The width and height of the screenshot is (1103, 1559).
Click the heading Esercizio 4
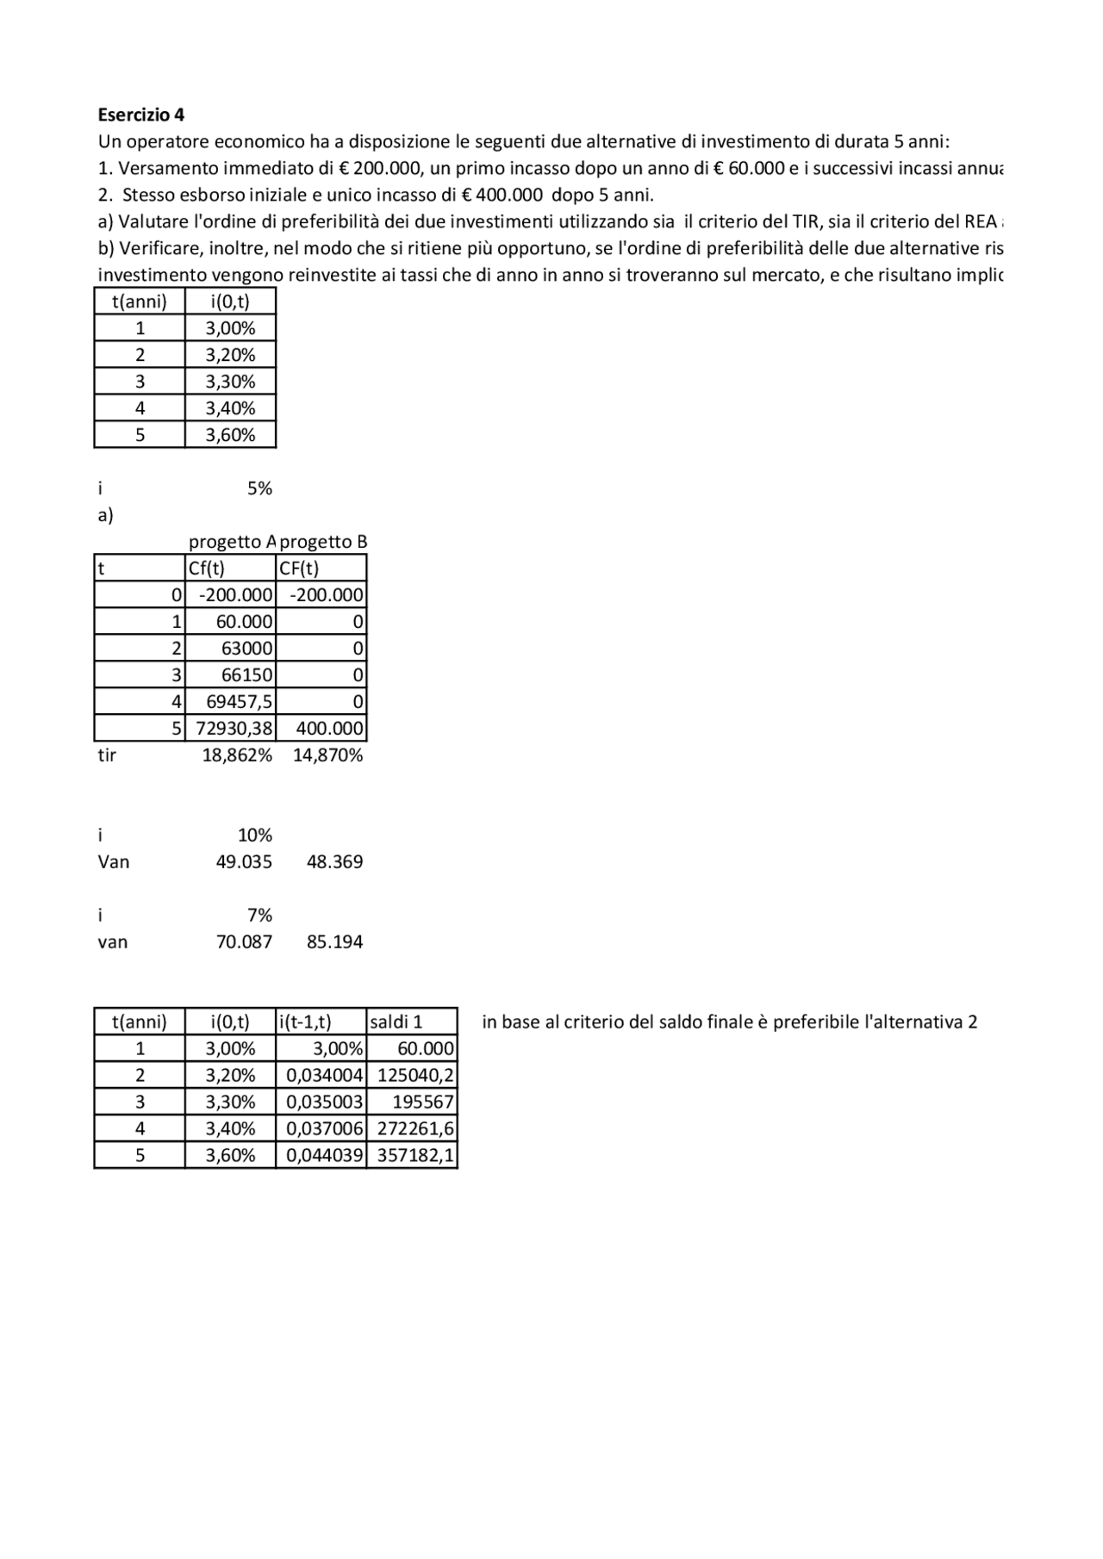pyautogui.click(x=140, y=115)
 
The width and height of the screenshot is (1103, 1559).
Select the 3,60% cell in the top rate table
pyautogui.click(x=230, y=435)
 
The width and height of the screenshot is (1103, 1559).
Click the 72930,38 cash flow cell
pyautogui.click(x=234, y=729)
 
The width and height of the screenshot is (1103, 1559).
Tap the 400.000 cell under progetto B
pyautogui.click(x=329, y=729)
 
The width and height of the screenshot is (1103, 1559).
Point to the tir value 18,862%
pyautogui.click(x=237, y=755)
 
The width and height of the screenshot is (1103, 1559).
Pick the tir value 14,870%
pyautogui.click(x=327, y=755)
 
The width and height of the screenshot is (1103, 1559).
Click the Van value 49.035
pyautogui.click(x=244, y=862)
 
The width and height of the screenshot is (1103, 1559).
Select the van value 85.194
pyautogui.click(x=334, y=942)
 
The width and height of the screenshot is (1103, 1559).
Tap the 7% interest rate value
pyautogui.click(x=259, y=916)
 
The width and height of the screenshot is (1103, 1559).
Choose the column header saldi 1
pyautogui.click(x=396, y=1022)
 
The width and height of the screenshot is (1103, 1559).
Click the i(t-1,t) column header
pyautogui.click(x=305, y=1022)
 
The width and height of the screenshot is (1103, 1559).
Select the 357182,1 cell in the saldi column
pyautogui.click(x=415, y=1156)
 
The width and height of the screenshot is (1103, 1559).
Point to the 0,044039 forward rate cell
pyautogui.click(x=324, y=1156)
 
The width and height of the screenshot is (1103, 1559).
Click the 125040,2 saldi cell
pyautogui.click(x=415, y=1076)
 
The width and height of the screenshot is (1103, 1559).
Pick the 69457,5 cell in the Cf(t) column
pyautogui.click(x=239, y=702)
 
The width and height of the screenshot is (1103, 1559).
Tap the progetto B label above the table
pyautogui.click(x=323, y=542)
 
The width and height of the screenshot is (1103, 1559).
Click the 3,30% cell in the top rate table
pyautogui.click(x=230, y=382)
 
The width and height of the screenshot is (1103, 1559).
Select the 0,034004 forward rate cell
pyautogui.click(x=324, y=1076)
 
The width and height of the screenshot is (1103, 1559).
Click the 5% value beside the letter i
pyautogui.click(x=259, y=488)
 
